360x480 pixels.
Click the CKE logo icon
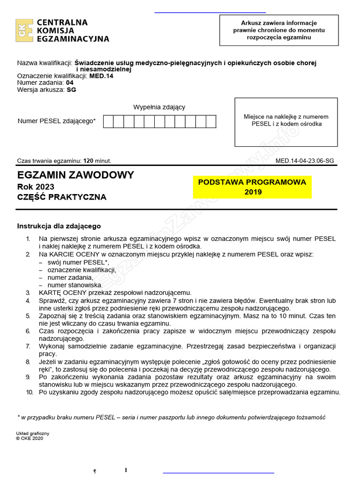[24, 30]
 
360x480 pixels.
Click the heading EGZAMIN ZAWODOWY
[75, 175]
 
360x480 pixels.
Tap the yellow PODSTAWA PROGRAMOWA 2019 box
[252, 187]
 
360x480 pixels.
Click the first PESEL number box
[108, 121]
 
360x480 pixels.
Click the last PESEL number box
[211, 121]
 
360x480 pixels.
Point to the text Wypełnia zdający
[159, 107]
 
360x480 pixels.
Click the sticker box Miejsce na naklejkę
[286, 121]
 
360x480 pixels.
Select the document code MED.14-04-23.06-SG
[305, 160]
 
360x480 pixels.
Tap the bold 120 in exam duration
[89, 160]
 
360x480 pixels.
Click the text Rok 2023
[36, 187]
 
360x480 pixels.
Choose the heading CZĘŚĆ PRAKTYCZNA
[62, 197]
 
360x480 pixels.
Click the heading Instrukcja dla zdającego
[59, 226]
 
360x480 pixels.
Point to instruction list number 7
[28, 346]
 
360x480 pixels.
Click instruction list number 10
[29, 392]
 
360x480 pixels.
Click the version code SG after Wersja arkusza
[71, 90]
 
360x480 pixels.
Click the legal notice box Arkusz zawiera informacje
[279, 30]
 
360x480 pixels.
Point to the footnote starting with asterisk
[171, 417]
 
